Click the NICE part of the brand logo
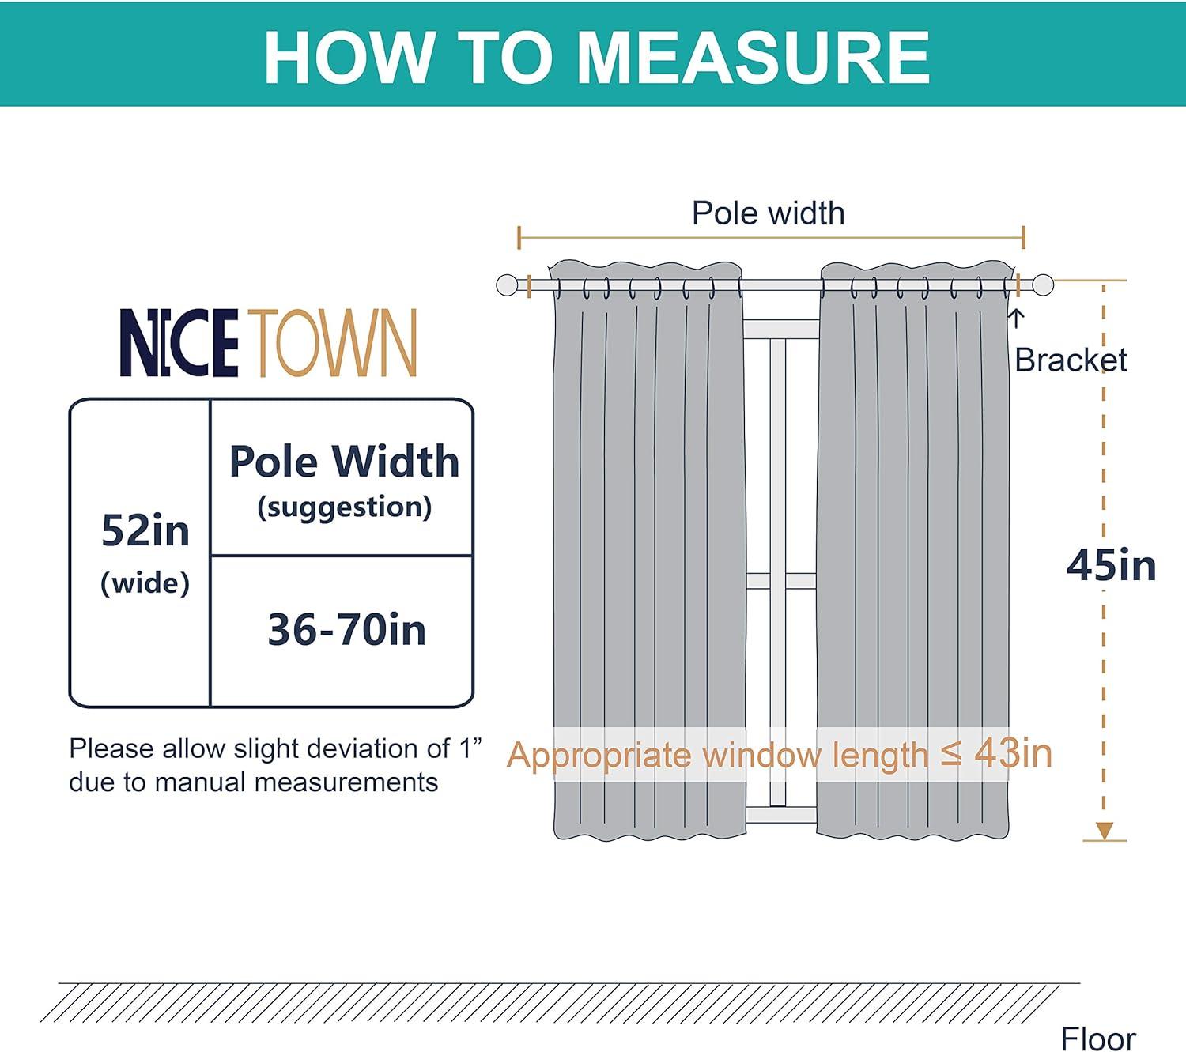179,343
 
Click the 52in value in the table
145,530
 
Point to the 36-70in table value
346,630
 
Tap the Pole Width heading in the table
344,461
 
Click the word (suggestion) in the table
344,507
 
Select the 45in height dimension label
1111,566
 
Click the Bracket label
1071,360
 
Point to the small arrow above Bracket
1018,318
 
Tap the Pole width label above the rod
768,213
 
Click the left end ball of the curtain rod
507,285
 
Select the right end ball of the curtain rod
1043,285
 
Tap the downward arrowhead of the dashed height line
1104,831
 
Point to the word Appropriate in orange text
599,756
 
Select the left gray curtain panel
648,553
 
